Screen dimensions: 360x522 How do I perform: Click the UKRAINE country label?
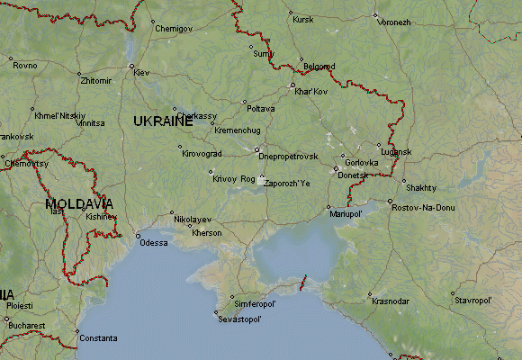coord(163,121)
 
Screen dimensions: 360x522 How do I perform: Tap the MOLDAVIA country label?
coord(78,204)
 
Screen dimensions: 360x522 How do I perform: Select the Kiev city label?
coord(142,72)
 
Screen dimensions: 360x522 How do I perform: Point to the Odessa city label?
coord(154,243)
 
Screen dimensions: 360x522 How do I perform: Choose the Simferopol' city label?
coord(255,302)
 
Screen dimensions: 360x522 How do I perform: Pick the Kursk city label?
coord(303,19)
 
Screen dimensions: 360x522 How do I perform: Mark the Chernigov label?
coord(174,29)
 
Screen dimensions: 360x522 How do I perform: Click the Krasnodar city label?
coord(391,301)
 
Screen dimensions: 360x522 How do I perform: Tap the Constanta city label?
coord(97,338)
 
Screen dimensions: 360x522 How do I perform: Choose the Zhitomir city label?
coord(96,80)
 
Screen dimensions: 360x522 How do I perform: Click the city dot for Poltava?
coord(244,103)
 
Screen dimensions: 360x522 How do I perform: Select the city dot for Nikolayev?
coord(172,213)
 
